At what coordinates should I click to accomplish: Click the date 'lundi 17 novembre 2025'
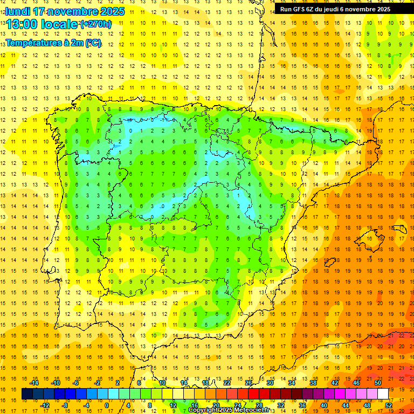tap(65, 11)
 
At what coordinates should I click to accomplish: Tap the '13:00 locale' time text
tap(42, 24)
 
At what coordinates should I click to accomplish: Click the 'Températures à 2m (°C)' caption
tap(53, 43)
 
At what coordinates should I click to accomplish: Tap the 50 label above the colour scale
tap(378, 383)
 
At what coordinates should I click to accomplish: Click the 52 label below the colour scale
tap(389, 405)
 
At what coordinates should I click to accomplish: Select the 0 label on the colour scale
tap(106, 405)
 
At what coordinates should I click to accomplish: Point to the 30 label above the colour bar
tap(270, 383)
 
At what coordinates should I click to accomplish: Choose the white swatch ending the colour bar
tap(383, 394)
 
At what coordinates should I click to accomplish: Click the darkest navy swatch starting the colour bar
tap(27, 394)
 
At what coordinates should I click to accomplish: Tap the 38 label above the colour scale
tap(313, 383)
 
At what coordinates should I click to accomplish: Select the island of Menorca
tap(399, 227)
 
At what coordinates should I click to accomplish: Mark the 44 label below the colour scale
tap(346, 405)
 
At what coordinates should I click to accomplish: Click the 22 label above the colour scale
tap(226, 383)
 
